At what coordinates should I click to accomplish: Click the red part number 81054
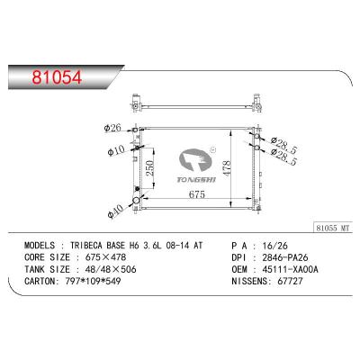point(57,77)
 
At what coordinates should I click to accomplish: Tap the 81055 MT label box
point(333,228)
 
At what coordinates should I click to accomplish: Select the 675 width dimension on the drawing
point(197,194)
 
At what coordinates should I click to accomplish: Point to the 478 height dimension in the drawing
point(227,168)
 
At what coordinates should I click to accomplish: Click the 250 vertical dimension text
point(149,168)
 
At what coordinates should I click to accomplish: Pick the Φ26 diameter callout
point(112,128)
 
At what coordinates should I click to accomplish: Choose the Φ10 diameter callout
point(116,150)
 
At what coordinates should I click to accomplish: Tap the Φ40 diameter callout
point(115,211)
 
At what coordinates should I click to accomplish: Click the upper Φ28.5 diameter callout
point(283,145)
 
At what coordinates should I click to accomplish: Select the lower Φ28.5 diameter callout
point(283,157)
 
